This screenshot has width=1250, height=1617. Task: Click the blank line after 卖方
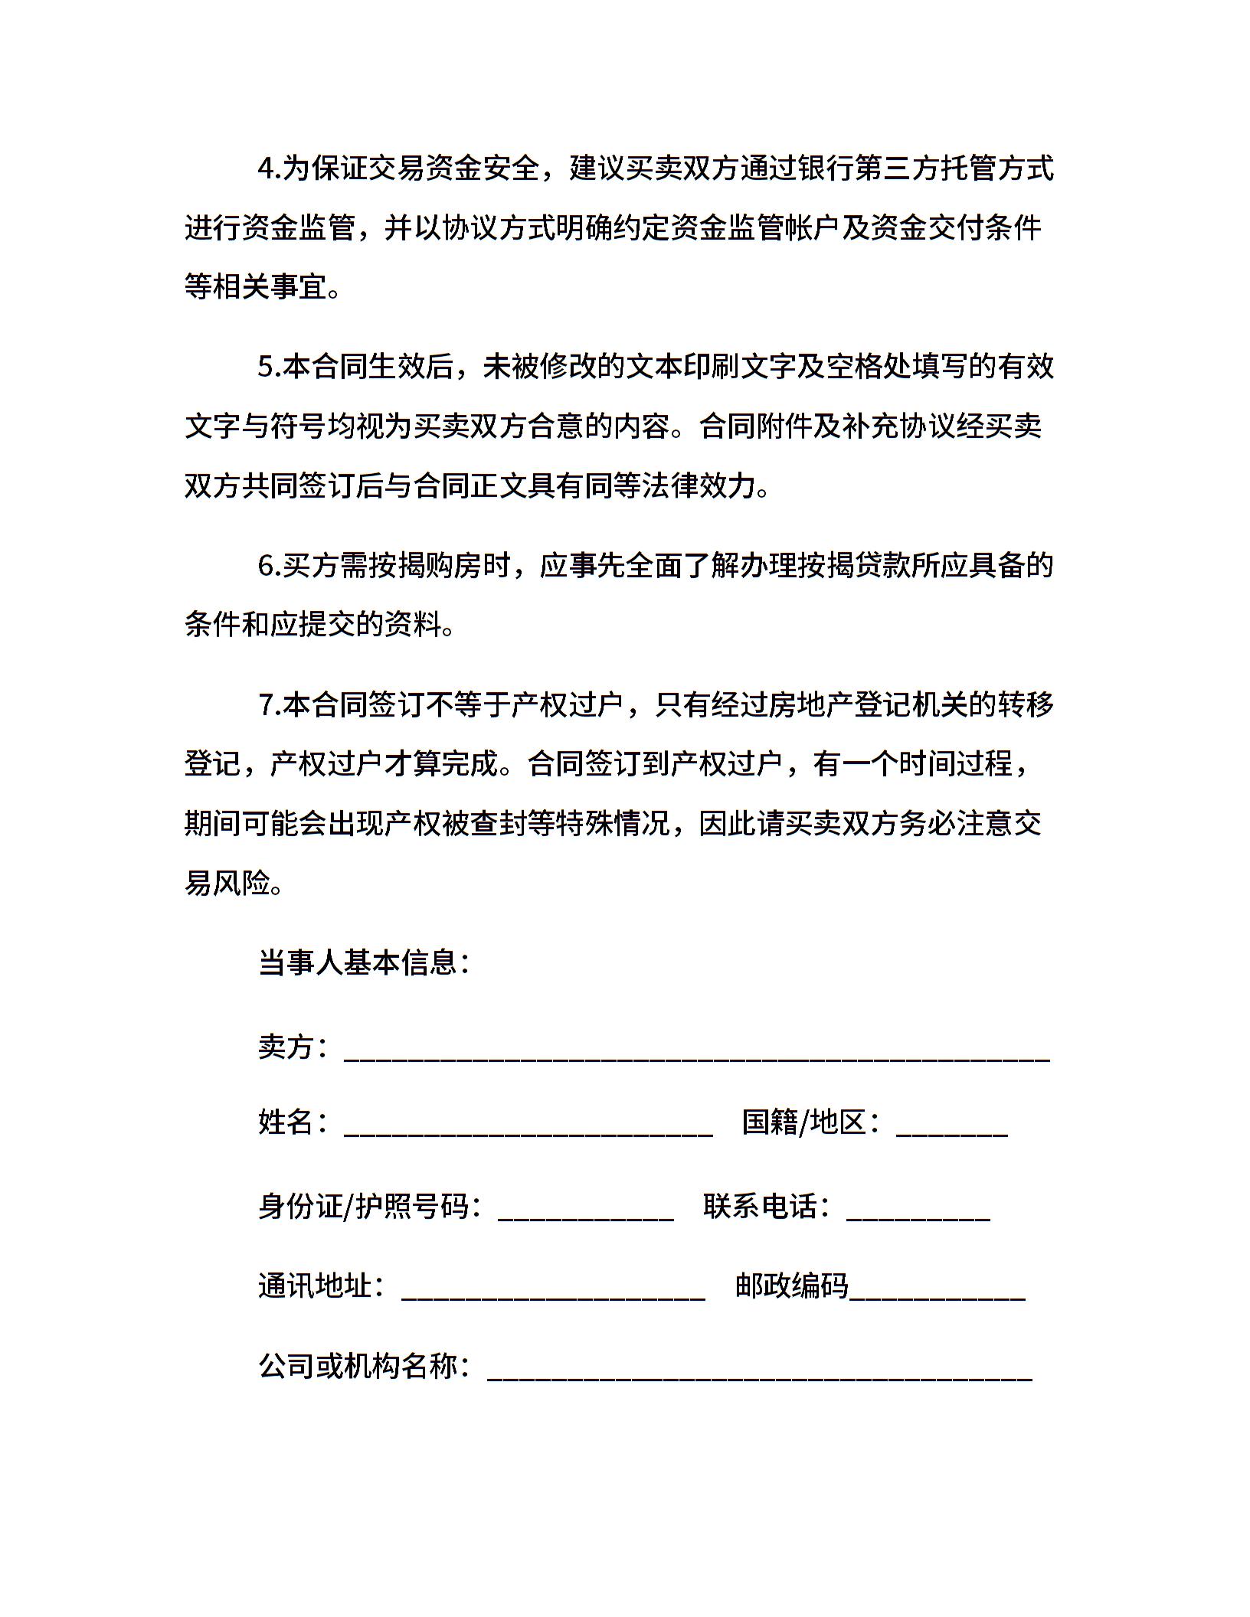697,1049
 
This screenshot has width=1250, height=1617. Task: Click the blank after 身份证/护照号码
585,1207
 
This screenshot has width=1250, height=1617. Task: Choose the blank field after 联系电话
918,1207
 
